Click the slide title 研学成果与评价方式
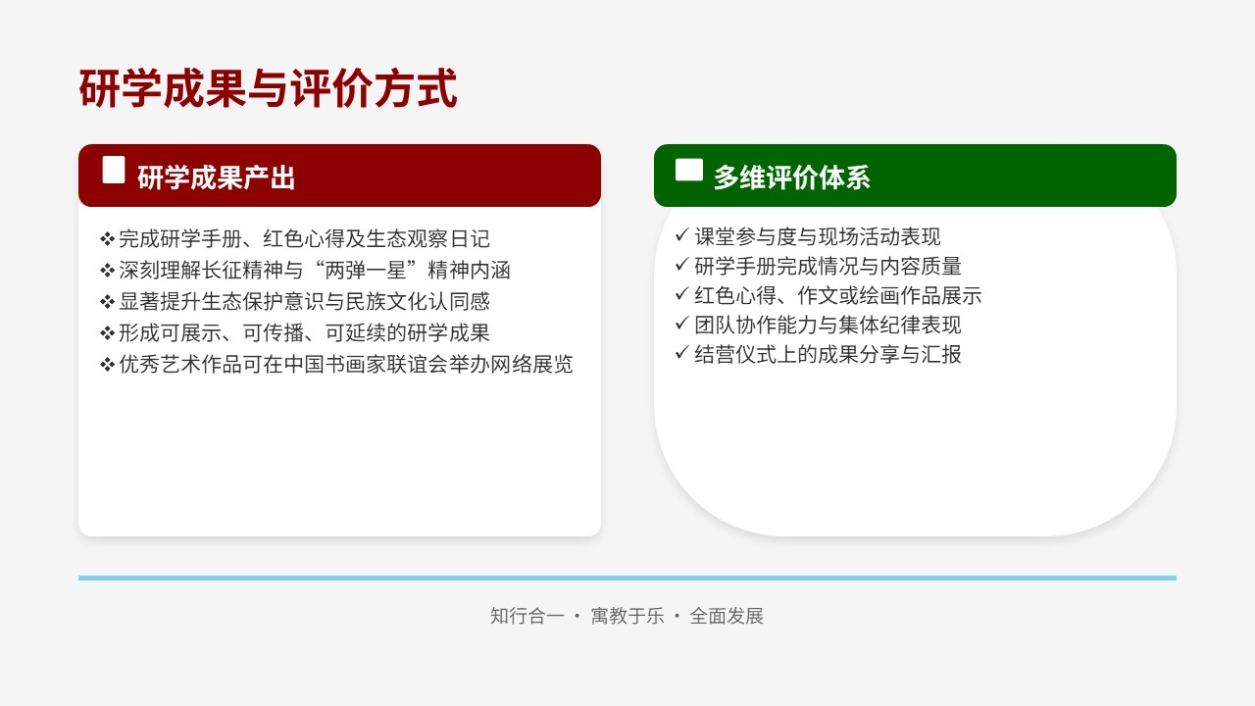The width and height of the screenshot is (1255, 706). pos(268,88)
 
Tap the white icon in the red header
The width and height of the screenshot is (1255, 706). pos(114,170)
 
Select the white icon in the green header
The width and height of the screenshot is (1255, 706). pos(689,170)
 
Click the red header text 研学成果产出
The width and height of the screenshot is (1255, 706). pos(217,177)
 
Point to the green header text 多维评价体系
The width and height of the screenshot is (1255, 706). pos(791,177)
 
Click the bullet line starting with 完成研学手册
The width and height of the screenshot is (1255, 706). pos(295,238)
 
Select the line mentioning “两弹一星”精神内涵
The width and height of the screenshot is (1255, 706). pos(305,270)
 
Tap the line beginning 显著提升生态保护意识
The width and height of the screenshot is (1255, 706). pos(295,301)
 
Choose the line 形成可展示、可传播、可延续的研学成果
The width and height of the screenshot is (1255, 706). pos(295,332)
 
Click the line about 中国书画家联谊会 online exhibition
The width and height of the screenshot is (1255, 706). pos(336,364)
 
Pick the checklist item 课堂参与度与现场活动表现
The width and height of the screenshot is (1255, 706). pos(808,236)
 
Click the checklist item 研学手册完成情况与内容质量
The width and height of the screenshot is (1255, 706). pos(818,266)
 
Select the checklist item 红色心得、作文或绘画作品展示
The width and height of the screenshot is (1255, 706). pos(828,295)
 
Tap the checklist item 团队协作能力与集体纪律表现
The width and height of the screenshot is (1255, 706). pos(818,325)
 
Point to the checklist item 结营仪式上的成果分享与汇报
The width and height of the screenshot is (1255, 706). pos(818,354)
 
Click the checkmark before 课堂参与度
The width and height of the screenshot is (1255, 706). pos(681,234)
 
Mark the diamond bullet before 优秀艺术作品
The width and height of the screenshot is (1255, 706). pos(107,365)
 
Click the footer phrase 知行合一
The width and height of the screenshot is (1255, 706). pos(527,616)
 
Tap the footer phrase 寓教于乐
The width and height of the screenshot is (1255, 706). pos(627,616)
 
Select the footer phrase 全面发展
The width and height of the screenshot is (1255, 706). pos(727,616)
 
